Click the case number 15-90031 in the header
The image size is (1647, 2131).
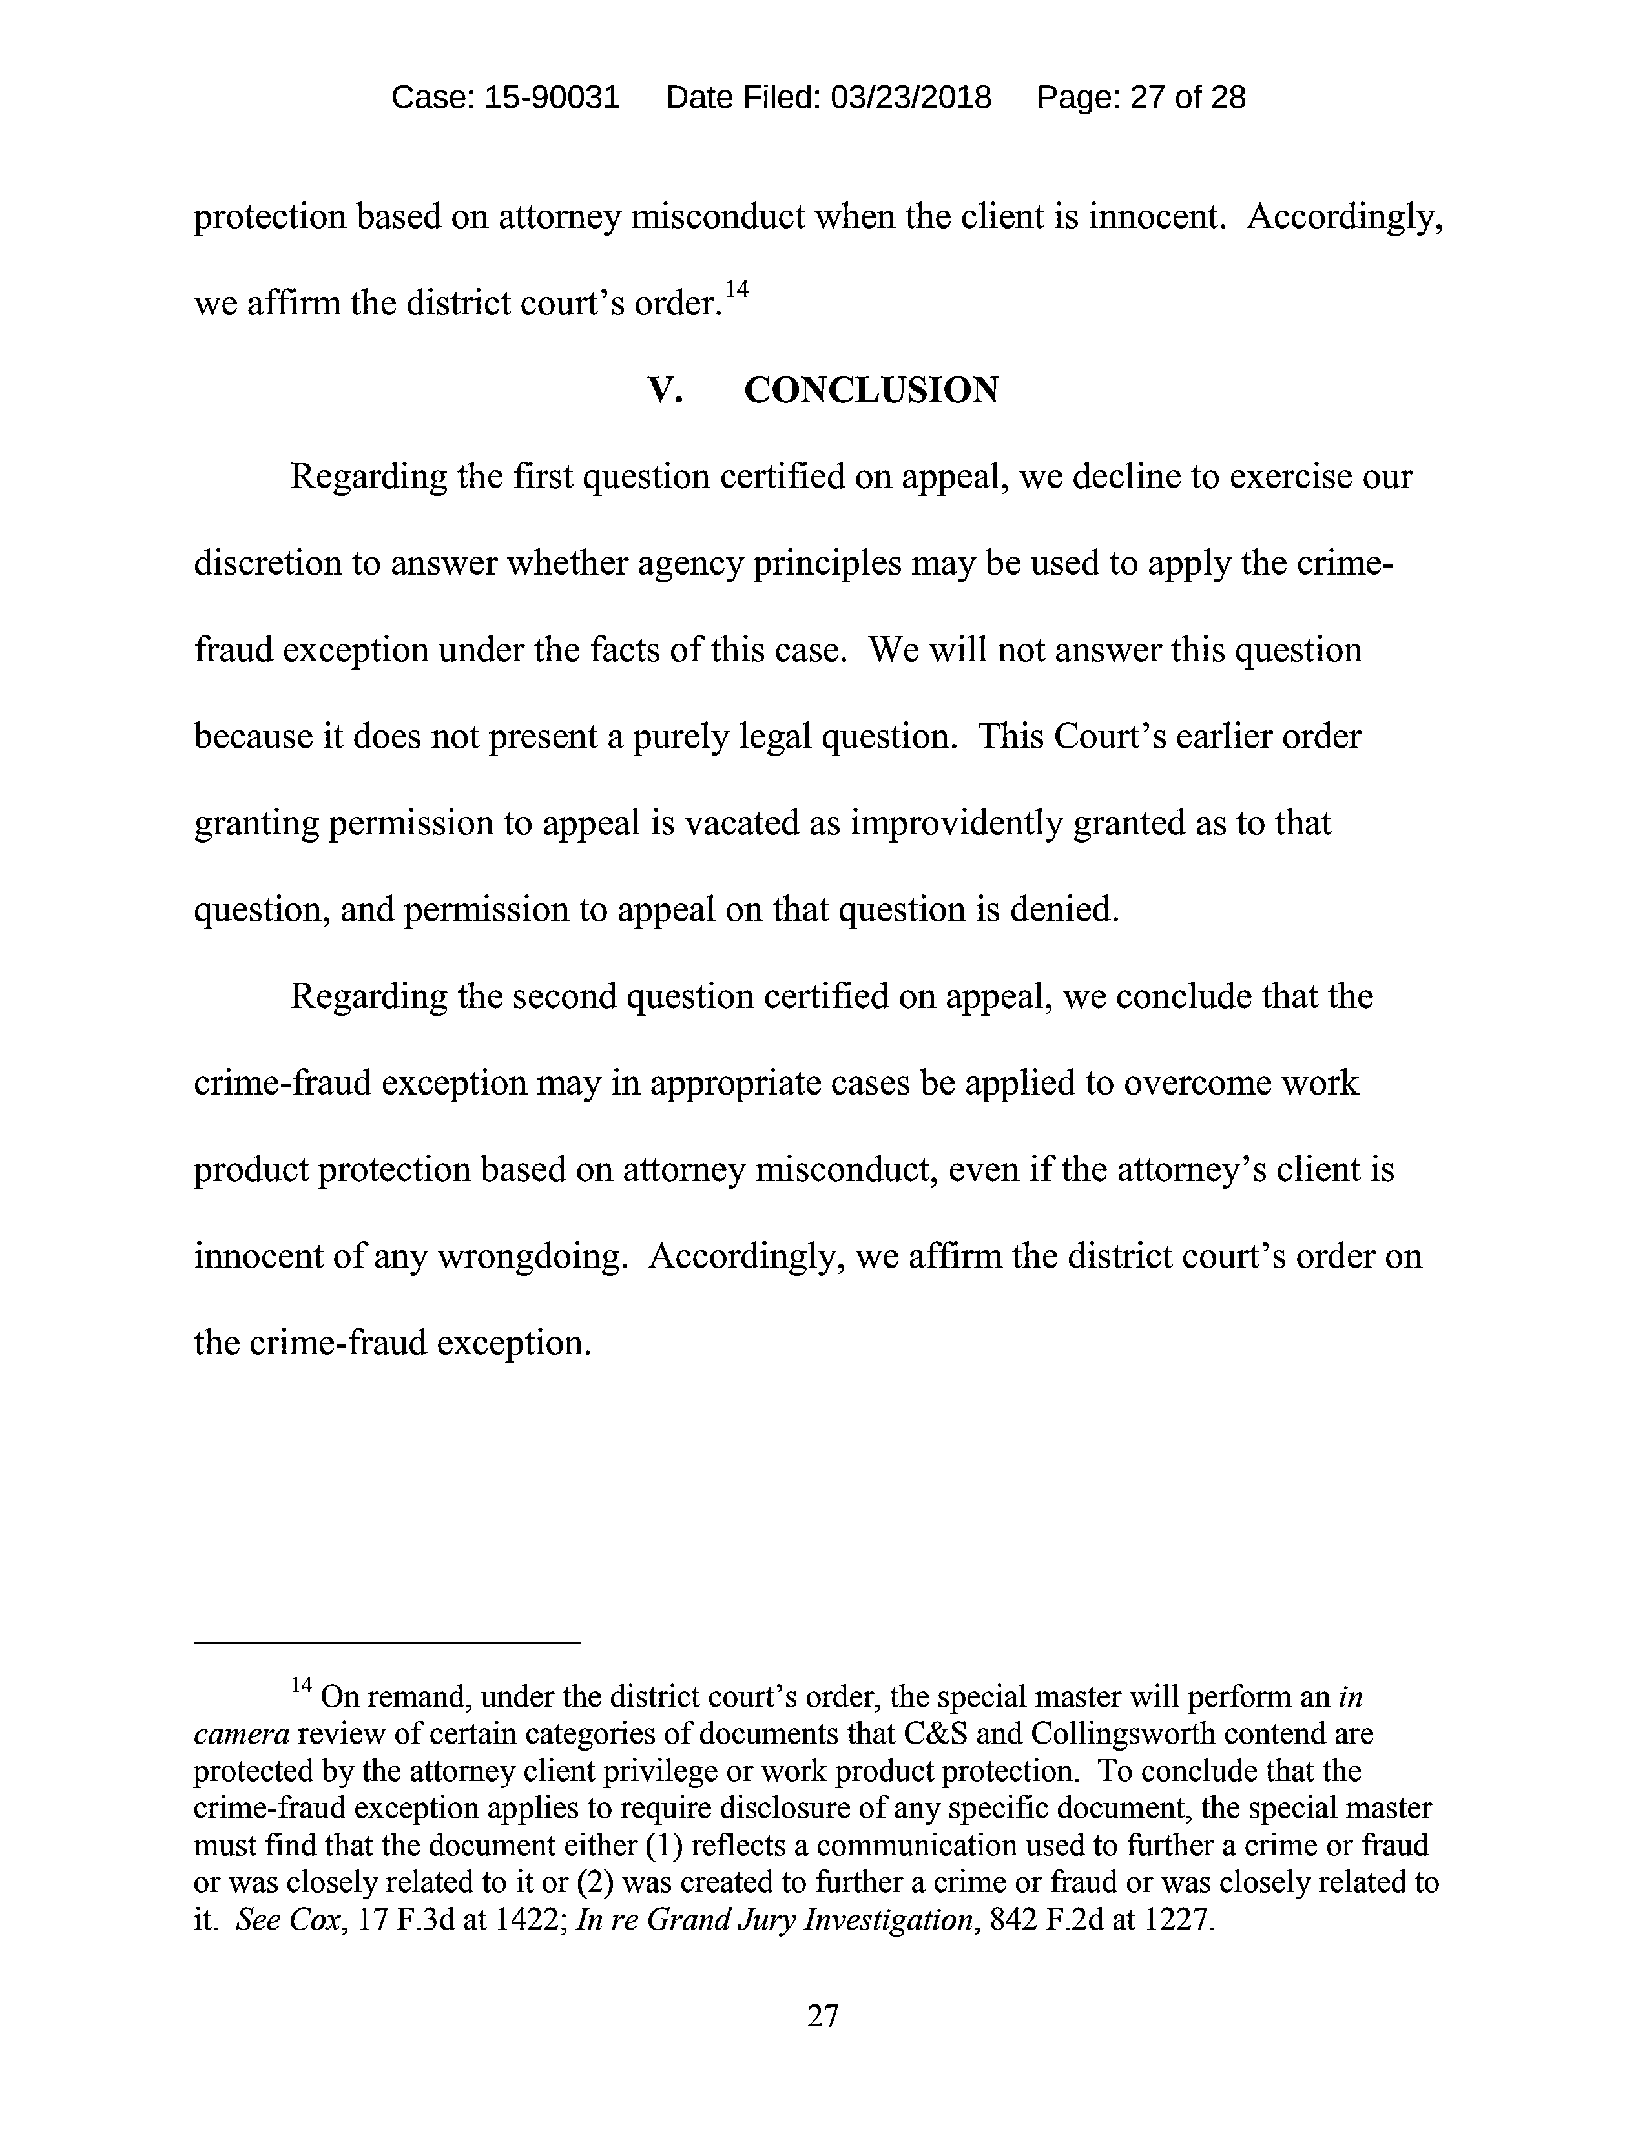click(552, 98)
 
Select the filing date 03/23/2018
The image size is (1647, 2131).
click(910, 98)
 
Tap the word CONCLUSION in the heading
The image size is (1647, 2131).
click(871, 390)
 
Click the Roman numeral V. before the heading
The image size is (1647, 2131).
click(665, 390)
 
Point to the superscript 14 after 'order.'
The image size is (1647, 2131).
click(737, 290)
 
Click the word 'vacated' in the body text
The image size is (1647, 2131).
click(743, 823)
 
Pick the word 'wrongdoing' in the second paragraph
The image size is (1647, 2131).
click(527, 1256)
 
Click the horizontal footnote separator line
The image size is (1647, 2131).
click(388, 1644)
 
